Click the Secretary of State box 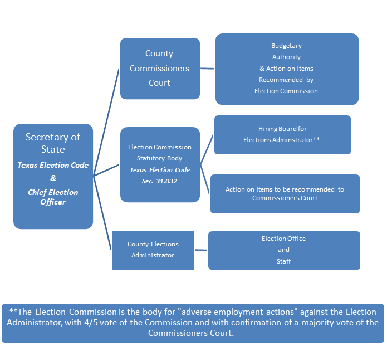coord(53,176)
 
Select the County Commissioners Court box coord(160,69)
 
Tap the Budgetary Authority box coord(287,69)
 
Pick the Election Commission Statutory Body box coord(160,164)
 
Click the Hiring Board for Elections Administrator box coord(282,135)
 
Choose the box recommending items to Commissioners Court coord(285,194)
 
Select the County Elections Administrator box coord(153,250)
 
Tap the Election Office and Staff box coord(284,250)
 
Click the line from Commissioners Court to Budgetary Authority coord(207,69)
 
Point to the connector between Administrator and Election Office coord(201,250)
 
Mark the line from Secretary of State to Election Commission coord(106,170)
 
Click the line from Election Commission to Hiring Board coord(207,149)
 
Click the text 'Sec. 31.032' coord(159,181)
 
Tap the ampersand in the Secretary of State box coord(53,178)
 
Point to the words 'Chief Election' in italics coord(53,192)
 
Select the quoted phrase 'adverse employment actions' coord(238,312)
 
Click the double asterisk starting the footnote coord(13,310)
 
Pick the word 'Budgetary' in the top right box coord(286,46)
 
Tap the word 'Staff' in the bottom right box coord(283,261)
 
